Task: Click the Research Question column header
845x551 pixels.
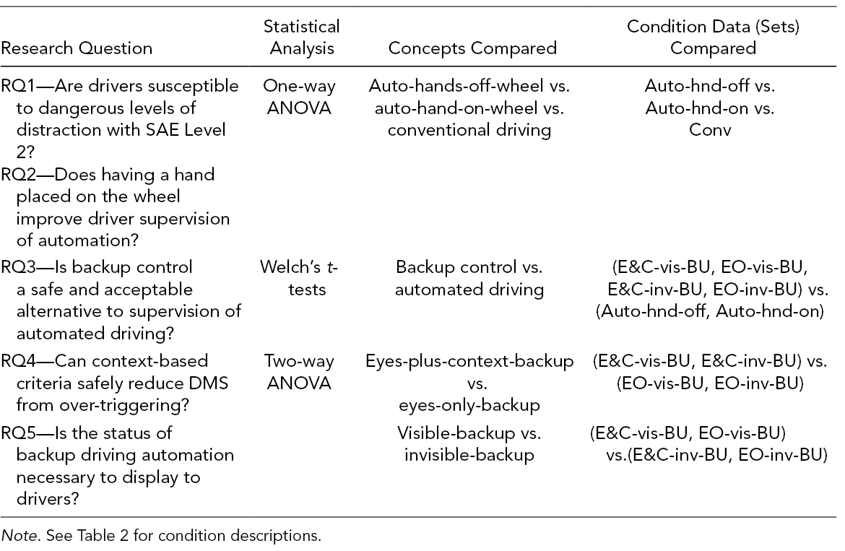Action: [x=77, y=48]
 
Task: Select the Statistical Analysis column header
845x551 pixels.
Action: [x=302, y=37]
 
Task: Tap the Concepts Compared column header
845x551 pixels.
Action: [x=472, y=48]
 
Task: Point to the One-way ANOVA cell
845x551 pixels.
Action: [x=299, y=97]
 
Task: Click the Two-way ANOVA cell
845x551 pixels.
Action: [x=299, y=372]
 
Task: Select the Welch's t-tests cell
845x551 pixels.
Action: [x=299, y=278]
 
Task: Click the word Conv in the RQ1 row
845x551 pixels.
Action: [x=710, y=130]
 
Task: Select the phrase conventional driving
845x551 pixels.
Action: [x=469, y=130]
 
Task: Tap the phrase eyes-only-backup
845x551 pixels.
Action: [x=469, y=405]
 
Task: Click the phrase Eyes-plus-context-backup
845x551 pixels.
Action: [x=469, y=361]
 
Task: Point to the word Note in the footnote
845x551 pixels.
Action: [x=20, y=536]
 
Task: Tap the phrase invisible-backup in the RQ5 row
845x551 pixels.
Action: [x=469, y=455]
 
